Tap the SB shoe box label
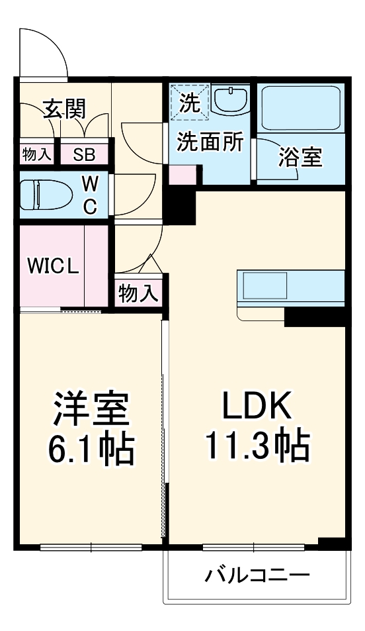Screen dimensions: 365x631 (85, 154)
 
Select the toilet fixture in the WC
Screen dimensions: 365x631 (46, 195)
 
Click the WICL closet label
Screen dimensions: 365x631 (53, 266)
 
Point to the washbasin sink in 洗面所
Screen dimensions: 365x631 (230, 99)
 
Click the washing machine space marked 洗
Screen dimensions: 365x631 (189, 102)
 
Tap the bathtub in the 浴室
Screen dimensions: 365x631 (301, 108)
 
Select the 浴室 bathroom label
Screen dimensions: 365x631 (301, 158)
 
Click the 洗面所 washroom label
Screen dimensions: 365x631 (211, 142)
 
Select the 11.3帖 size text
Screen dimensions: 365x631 (258, 446)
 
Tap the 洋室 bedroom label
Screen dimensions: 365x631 (91, 409)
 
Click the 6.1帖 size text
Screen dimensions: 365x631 (91, 448)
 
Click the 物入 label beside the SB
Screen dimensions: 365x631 (36, 154)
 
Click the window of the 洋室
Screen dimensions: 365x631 (91, 547)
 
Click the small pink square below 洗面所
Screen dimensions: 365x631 (182, 175)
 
